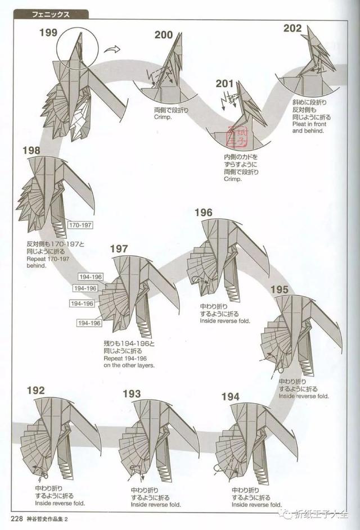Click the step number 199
click(48, 33)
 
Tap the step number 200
click(164, 35)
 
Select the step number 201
click(224, 83)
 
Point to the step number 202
click(292, 28)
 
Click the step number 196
click(204, 212)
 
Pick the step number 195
click(279, 289)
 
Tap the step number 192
click(35, 391)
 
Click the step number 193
click(132, 394)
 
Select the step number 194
click(231, 397)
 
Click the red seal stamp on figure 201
click(237, 136)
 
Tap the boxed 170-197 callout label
click(80, 225)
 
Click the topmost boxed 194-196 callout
click(91, 277)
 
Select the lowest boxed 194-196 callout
click(89, 323)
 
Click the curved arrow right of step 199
click(112, 49)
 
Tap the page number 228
click(16, 519)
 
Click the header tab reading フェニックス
click(51, 15)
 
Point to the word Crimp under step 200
click(163, 117)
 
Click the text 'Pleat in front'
click(309, 124)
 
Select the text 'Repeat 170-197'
click(48, 259)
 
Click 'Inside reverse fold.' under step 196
click(225, 321)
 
